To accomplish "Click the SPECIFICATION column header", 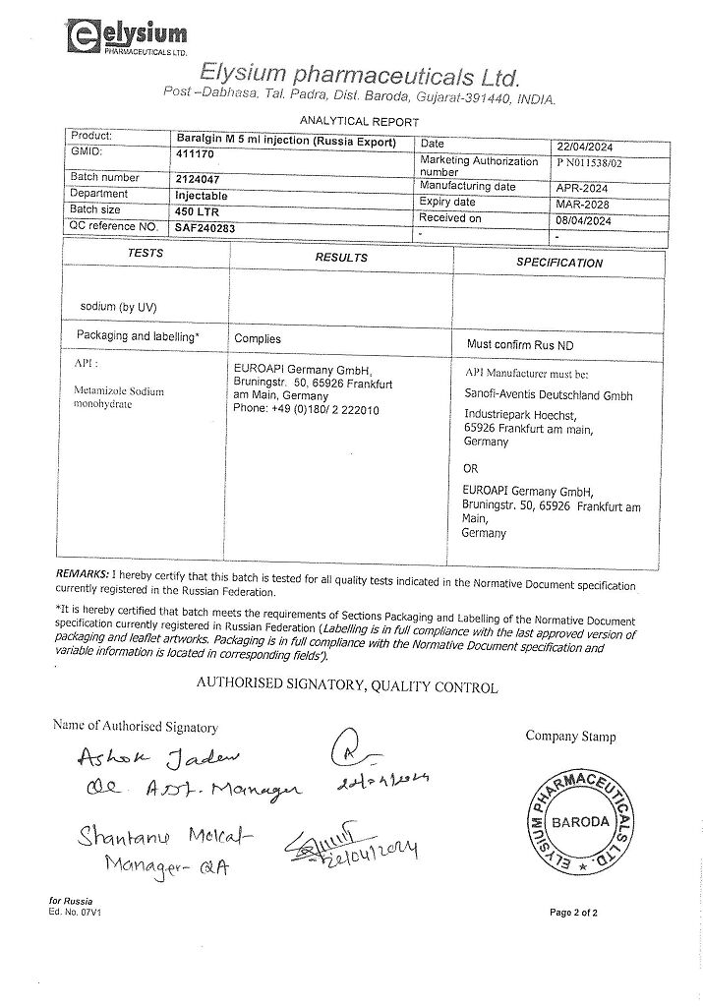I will [559, 264].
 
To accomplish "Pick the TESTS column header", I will [146, 254].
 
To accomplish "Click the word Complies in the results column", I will [258, 338].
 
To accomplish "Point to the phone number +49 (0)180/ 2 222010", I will [306, 409].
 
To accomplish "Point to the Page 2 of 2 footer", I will [573, 913].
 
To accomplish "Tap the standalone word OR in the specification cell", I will [470, 469].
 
